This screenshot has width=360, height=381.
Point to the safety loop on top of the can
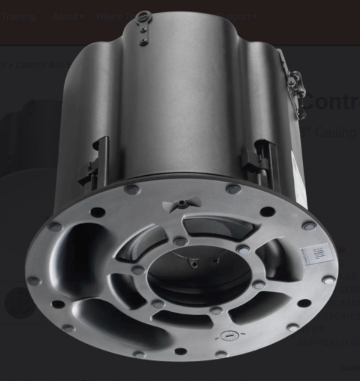coord(144,15)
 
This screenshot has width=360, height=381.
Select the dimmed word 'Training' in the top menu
coord(18,17)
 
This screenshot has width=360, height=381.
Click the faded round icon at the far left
coord(19,303)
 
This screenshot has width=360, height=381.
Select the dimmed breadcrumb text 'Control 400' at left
coord(38,64)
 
